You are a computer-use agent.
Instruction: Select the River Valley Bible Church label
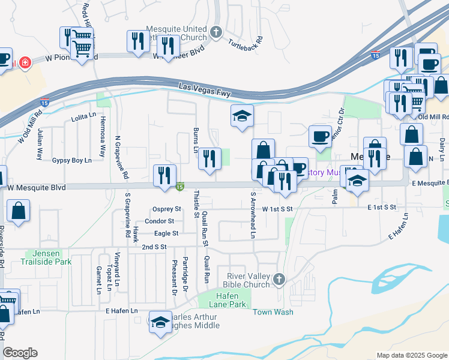coord(246,280)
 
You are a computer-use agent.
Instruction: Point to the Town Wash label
coord(273,312)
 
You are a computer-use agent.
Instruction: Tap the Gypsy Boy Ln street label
coord(71,160)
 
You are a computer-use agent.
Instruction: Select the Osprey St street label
coord(167,209)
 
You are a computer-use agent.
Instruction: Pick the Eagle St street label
coord(166,233)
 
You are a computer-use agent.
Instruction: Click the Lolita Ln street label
coord(83,116)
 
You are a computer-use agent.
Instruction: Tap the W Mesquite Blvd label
coord(37,188)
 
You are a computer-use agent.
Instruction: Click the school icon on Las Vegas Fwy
coord(243,116)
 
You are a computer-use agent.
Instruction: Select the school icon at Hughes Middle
coord(160,322)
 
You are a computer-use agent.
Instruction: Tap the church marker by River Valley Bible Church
coord(279,279)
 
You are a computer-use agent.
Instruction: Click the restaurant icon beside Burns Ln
coord(209,159)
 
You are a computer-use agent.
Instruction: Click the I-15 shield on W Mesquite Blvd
coord(179,187)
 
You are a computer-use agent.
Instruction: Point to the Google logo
coord(20,353)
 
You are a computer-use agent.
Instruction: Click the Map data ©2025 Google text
coord(411,355)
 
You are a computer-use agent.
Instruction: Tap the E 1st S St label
coord(382,207)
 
